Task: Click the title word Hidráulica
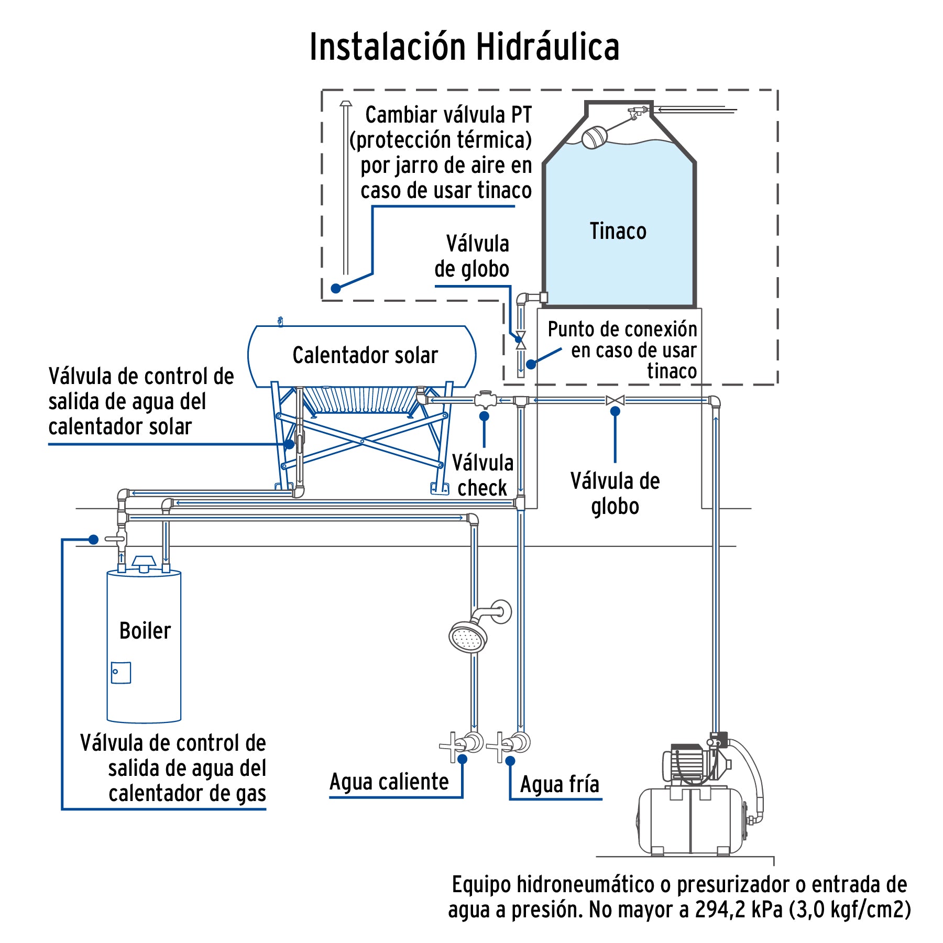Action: (x=547, y=47)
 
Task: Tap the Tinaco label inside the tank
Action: (x=618, y=231)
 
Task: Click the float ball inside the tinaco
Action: (x=594, y=137)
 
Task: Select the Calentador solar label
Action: (x=365, y=355)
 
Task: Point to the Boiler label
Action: (x=145, y=631)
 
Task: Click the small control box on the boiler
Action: (x=120, y=673)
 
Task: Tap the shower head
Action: (x=468, y=637)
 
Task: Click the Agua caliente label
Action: (x=389, y=782)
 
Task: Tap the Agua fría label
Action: (x=559, y=784)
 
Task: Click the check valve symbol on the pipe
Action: (x=485, y=400)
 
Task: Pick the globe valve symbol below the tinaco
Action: (x=521, y=340)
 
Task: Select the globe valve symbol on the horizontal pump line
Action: (x=615, y=401)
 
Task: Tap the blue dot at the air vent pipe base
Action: (x=336, y=288)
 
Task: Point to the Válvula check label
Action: (x=482, y=475)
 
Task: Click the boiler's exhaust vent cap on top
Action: (x=144, y=563)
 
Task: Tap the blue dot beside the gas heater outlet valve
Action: (x=94, y=539)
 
